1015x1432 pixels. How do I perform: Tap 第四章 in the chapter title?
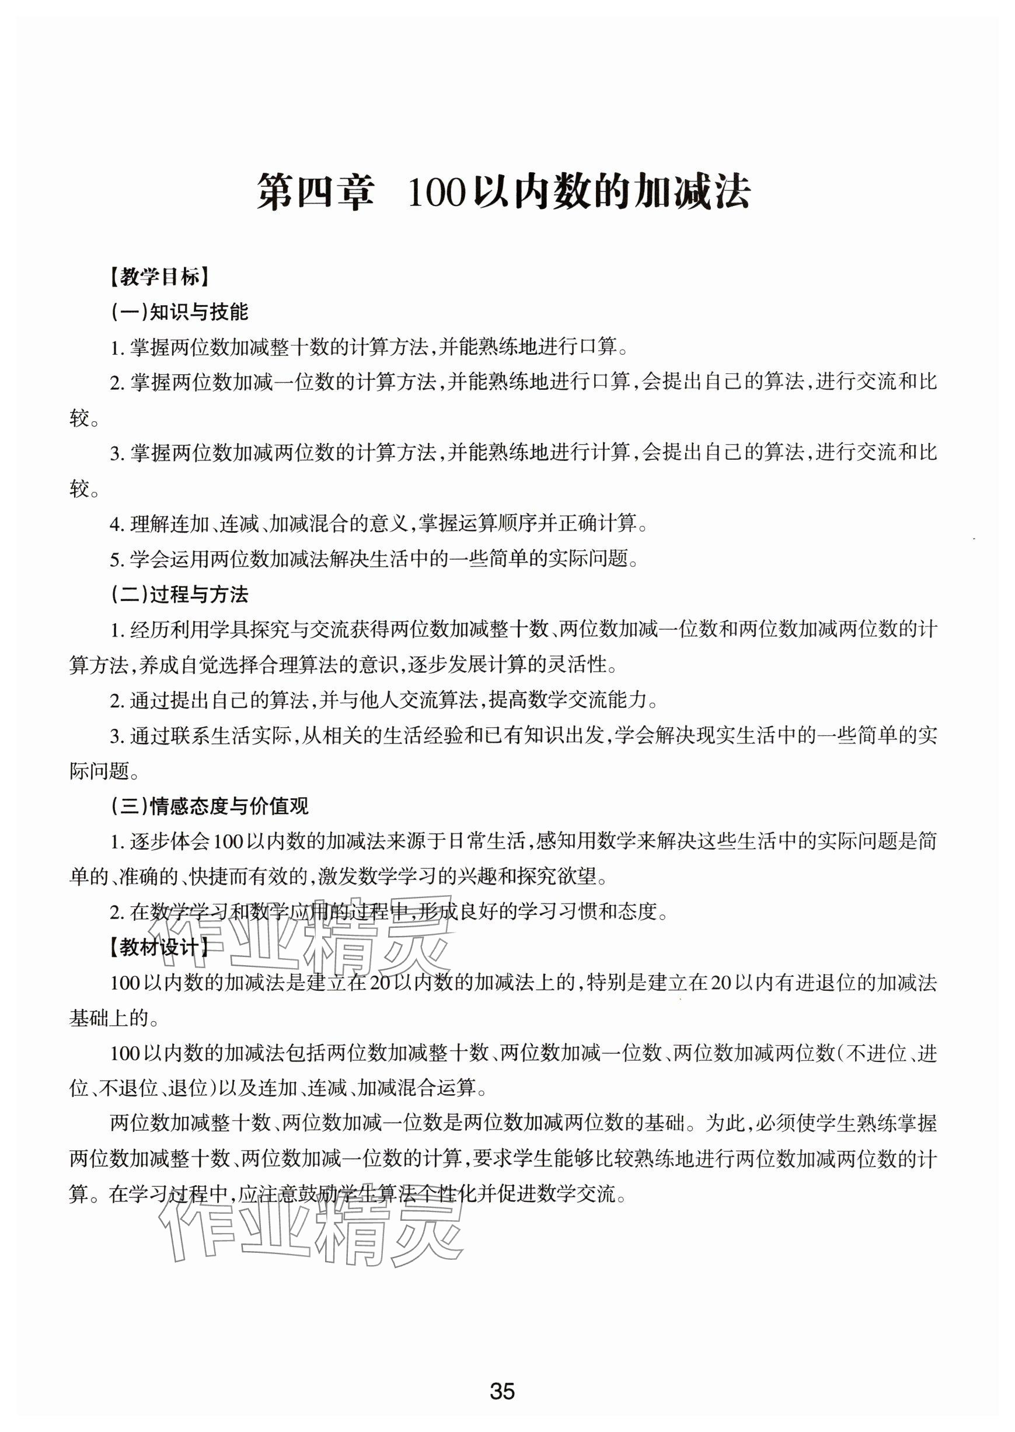pos(315,193)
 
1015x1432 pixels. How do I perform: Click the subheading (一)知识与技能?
pos(180,312)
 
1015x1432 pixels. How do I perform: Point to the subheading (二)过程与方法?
pos(180,594)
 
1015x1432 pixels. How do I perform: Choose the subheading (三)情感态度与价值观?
pos(210,806)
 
